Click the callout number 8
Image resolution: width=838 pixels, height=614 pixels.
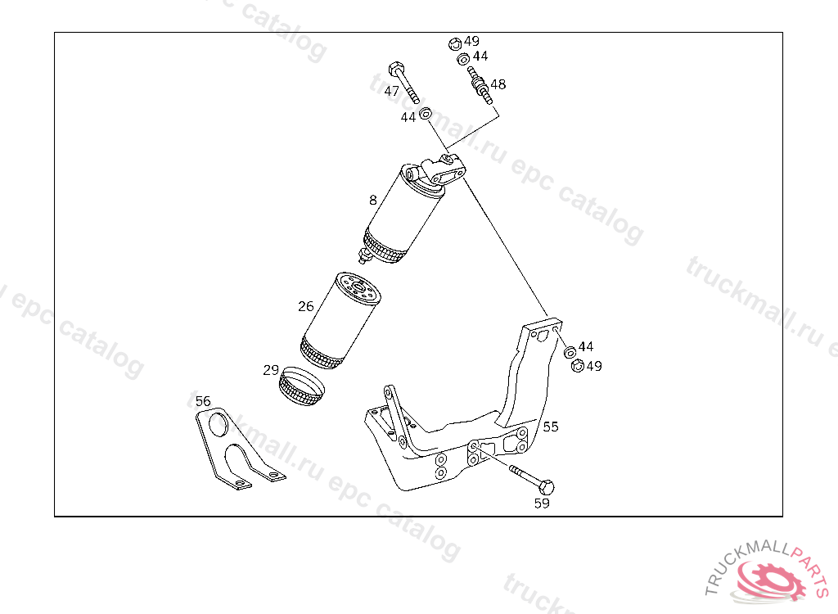tap(372, 200)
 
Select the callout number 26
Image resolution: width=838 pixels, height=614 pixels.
tap(306, 306)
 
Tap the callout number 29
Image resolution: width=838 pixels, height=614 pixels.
tap(271, 370)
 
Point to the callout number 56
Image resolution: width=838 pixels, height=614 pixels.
tap(203, 401)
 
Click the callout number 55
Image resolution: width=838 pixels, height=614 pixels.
tap(551, 427)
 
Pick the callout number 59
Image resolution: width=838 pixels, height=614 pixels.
tap(542, 503)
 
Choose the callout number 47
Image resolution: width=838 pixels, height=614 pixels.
tap(392, 91)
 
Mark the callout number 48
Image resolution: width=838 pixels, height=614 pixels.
tap(498, 84)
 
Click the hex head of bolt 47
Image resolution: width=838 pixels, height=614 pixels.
tap(396, 69)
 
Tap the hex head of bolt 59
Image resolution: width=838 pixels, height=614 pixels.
tap(546, 487)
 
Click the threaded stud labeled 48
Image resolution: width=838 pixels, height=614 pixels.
tap(480, 85)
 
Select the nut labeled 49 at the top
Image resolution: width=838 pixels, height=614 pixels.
tap(455, 44)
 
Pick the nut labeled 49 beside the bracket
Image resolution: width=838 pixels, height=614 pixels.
tap(577, 366)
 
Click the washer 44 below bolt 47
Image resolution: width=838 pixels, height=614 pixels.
tap(426, 114)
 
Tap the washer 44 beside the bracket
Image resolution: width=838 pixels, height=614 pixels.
tap(570, 352)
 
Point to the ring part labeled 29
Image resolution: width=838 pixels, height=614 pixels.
tap(302, 386)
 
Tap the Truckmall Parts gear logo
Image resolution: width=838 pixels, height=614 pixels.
tap(769, 580)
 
